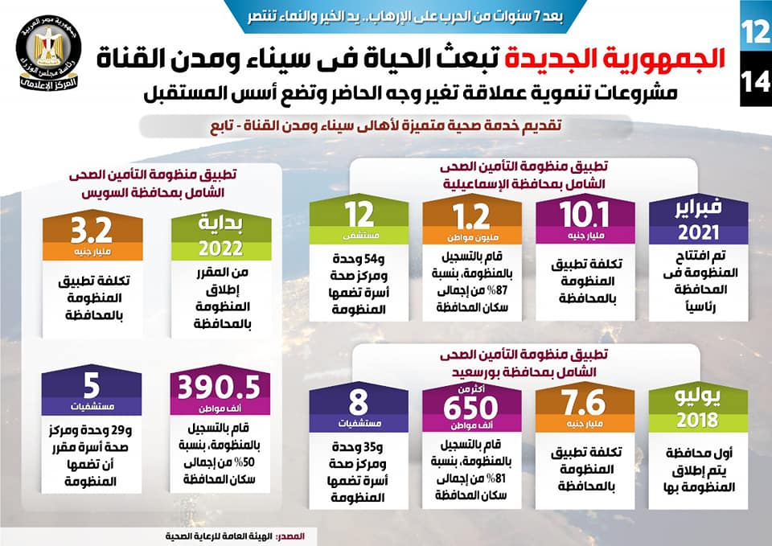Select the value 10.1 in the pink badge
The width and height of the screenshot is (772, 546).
coord(571,215)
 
